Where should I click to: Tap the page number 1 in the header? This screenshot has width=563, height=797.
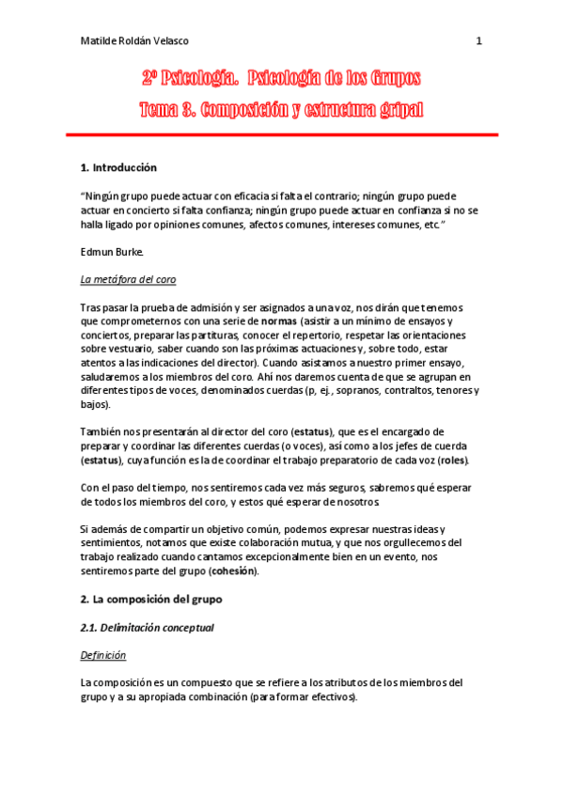click(x=478, y=41)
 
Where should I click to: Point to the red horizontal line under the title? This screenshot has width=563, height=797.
click(x=281, y=135)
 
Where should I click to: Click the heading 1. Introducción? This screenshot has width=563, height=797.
click(x=118, y=167)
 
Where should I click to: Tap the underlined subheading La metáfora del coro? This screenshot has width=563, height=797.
click(x=128, y=280)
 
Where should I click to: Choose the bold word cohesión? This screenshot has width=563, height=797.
click(x=232, y=570)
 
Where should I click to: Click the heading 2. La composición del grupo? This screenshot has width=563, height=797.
click(x=150, y=598)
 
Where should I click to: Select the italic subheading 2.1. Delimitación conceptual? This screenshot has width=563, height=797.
click(x=148, y=627)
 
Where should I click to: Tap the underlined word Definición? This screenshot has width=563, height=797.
click(x=103, y=654)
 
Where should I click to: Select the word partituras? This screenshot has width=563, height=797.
click(x=212, y=335)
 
